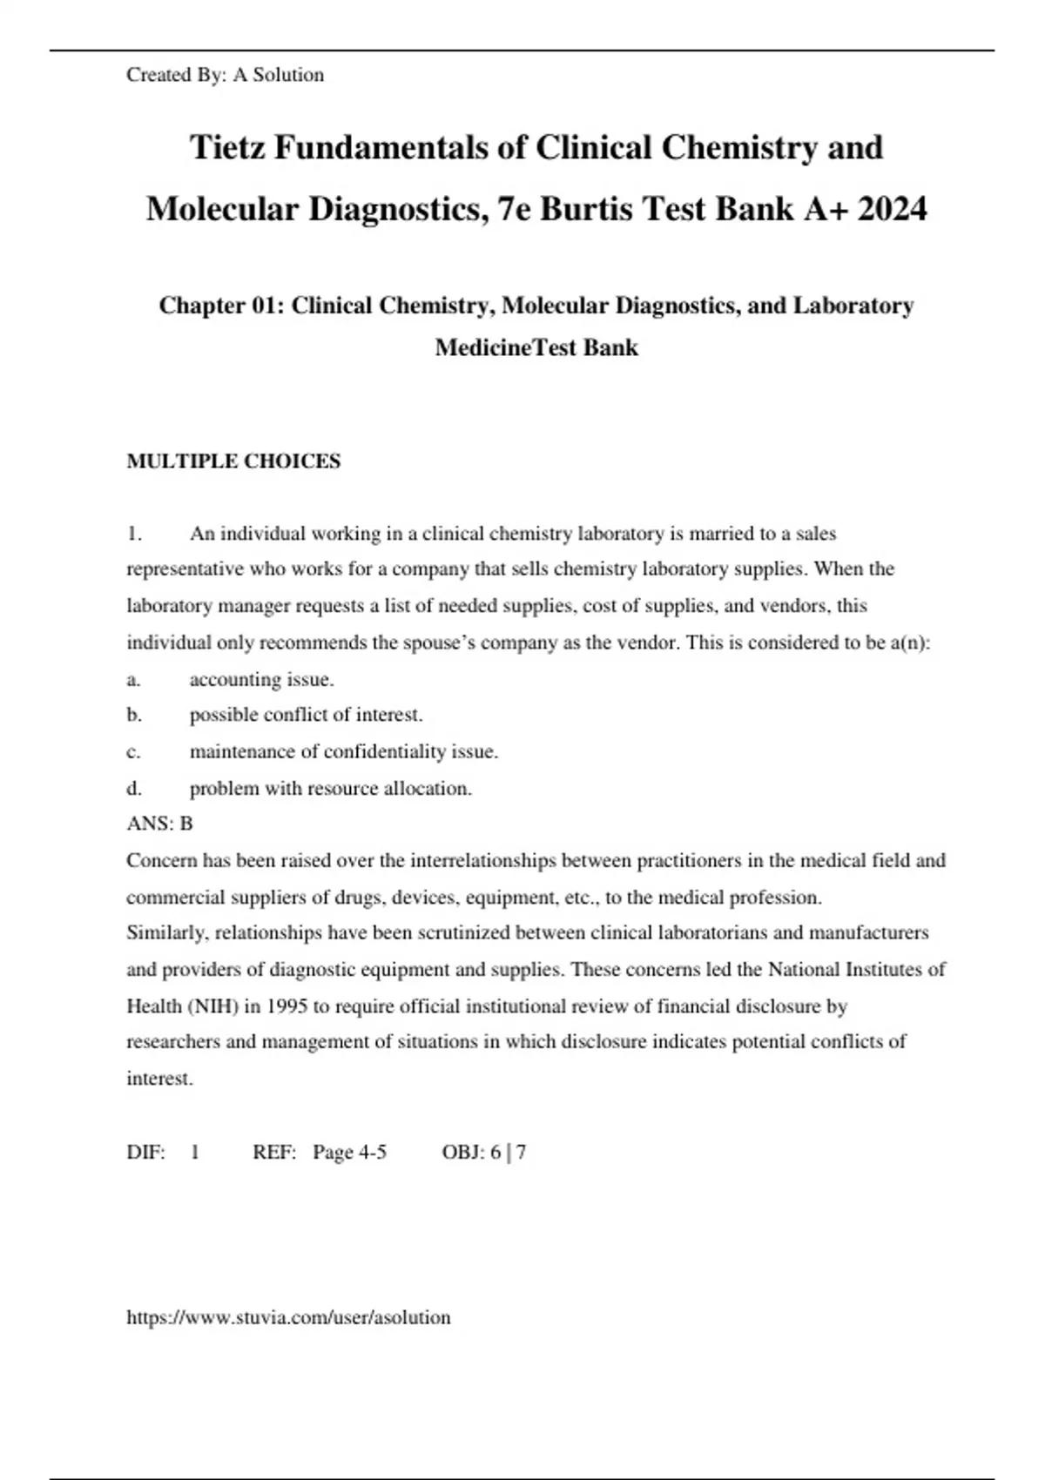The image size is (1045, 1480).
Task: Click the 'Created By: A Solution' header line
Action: [225, 75]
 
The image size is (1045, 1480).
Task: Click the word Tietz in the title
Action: [227, 147]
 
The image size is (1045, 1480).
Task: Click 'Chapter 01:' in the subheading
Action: [221, 306]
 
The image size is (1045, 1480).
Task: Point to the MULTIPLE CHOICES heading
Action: [233, 461]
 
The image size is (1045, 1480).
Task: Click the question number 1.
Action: [133, 534]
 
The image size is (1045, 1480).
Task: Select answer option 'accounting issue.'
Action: [261, 679]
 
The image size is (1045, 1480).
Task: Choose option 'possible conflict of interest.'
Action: [306, 715]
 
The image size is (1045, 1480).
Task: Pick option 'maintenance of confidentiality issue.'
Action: [343, 751]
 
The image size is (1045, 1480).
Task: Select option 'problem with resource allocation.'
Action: [330, 789]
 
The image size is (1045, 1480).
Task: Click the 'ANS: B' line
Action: [159, 824]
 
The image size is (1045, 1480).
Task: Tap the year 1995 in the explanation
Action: [287, 1006]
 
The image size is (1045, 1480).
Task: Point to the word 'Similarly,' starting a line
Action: [167, 933]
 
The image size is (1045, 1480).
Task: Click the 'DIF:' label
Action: [145, 1153]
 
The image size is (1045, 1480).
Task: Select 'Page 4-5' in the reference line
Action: [349, 1153]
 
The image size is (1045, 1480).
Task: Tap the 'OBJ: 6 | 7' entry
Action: [483, 1153]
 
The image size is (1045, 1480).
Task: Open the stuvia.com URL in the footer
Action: [288, 1318]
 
